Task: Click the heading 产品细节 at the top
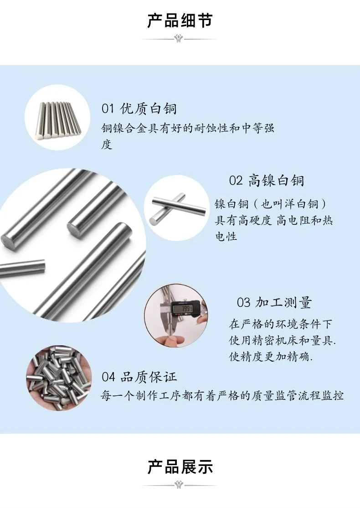180,20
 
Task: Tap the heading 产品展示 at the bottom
180,467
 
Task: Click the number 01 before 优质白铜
108,109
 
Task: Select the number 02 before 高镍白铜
236,181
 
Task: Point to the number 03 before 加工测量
243,303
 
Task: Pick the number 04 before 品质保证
108,377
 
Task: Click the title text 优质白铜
149,109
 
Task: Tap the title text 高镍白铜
276,181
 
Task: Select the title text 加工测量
283,303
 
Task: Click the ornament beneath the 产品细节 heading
179,39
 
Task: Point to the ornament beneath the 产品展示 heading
179,485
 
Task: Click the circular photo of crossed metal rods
176,208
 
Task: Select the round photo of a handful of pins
59,378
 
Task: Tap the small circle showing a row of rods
57,118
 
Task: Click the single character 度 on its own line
107,145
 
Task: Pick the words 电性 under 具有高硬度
226,236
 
